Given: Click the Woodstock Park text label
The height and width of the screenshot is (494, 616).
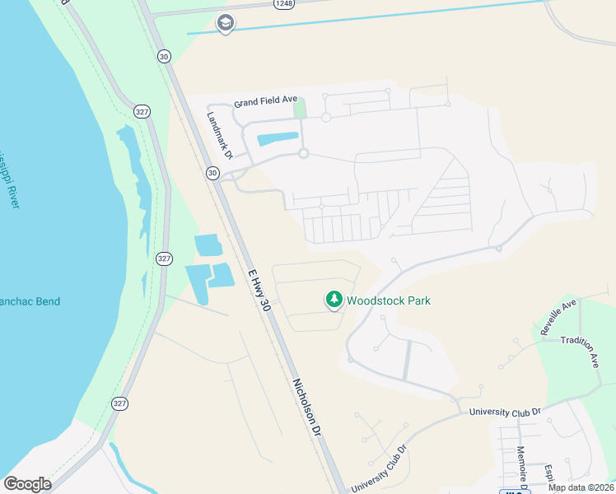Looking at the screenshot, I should pos(389,301).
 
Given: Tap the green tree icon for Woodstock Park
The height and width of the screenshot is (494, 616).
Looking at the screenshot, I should pos(334,300).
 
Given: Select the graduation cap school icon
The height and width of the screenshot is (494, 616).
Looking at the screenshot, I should pos(225,23).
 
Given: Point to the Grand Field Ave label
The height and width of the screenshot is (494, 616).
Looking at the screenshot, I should pos(265,101).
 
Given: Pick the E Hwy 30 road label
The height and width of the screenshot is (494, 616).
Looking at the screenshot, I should pos(259,289).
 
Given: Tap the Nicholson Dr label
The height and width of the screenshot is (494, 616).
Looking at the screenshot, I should pos(306,406).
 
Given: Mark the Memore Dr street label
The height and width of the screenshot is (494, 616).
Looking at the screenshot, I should pos(521,466).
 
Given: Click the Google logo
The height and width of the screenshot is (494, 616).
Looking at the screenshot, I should pos(27,484).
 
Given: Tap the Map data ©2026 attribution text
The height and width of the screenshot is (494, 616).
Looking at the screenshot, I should pos(581,487).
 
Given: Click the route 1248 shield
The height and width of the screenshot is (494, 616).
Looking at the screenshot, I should pos(284,4).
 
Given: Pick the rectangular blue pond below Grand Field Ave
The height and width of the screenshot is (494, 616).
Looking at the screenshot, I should pos(278,139).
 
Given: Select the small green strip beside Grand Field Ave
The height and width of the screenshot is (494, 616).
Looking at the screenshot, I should pos(300,108).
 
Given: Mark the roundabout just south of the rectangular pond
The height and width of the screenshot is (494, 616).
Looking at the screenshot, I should pos(303,154).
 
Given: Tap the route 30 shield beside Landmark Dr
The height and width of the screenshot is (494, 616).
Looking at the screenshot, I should pos(213,173).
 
